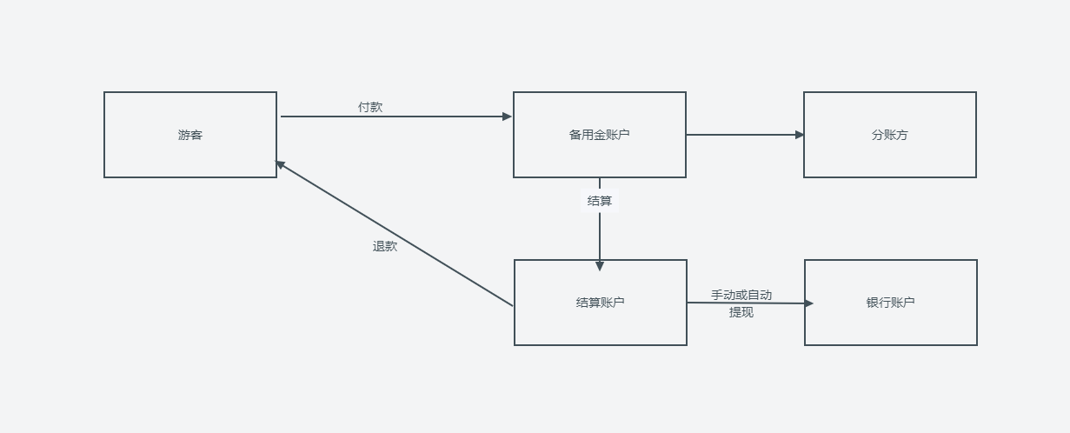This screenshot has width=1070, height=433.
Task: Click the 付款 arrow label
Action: coord(370,107)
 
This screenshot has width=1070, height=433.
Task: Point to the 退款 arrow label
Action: coord(385,246)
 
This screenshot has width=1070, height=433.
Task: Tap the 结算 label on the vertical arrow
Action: coord(600,201)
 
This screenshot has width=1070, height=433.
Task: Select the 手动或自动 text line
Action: coord(741,295)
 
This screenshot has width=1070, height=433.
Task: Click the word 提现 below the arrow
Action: coord(741,312)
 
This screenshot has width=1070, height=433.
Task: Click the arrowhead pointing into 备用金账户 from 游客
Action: coord(508,117)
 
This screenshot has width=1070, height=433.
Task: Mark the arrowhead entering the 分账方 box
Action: coord(800,135)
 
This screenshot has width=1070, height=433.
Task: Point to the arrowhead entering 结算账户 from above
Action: coord(600,266)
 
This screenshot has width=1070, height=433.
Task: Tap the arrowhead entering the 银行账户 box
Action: coord(808,303)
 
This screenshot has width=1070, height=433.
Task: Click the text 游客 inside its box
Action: coord(190,135)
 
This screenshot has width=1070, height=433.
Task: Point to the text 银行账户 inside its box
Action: coord(891,303)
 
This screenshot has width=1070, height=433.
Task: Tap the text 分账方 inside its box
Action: coord(890,135)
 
